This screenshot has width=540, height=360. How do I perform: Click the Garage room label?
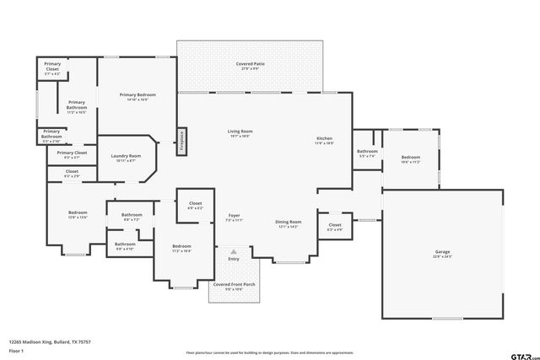tap(443, 254)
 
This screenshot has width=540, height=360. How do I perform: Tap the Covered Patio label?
tap(247, 66)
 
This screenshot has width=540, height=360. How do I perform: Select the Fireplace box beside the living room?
tap(181, 141)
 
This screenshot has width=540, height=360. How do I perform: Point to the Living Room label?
tap(240, 134)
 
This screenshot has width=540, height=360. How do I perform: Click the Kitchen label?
tap(325, 141)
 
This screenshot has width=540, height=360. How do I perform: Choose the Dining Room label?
tap(288, 224)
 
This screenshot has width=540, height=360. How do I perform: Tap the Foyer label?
tap(234, 218)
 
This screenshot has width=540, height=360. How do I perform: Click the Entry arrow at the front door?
tap(234, 251)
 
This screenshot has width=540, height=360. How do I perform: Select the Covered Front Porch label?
tap(234, 287)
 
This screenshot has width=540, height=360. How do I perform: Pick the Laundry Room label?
tap(124, 158)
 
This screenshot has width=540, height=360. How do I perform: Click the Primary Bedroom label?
tap(138, 97)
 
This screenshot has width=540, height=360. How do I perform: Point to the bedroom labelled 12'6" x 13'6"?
tap(78, 214)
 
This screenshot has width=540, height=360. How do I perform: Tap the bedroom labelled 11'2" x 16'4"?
tap(181, 249)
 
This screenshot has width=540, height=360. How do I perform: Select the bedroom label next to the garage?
tap(411, 160)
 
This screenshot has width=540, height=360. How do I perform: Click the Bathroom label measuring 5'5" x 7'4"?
tap(367, 153)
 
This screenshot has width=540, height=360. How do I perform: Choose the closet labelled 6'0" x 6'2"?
tap(195, 206)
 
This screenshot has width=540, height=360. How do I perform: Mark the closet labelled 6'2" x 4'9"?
tap(335, 227)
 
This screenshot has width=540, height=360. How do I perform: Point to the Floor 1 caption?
tap(17, 349)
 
